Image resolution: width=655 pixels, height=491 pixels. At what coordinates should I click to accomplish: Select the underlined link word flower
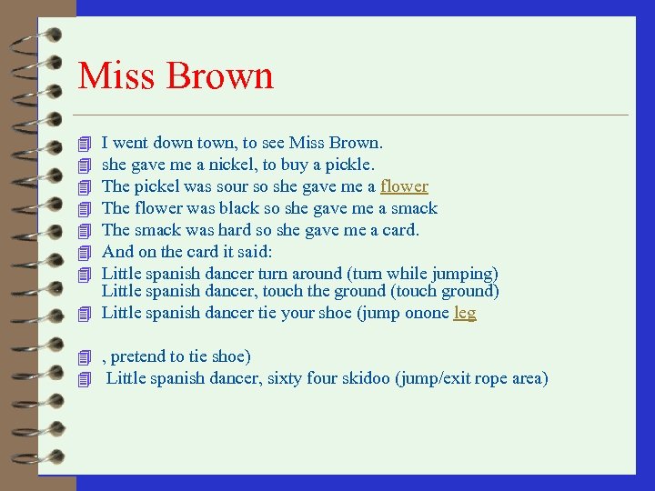tap(404, 186)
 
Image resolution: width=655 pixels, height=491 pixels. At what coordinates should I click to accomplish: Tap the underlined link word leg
tap(465, 313)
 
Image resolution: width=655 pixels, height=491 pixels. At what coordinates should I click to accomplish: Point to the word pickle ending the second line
tap(350, 165)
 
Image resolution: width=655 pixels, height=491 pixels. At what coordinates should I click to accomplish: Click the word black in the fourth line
tap(239, 208)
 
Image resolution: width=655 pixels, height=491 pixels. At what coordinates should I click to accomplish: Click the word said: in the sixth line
tap(254, 252)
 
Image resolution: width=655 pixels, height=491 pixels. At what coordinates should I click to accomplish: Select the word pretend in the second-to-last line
tap(139, 356)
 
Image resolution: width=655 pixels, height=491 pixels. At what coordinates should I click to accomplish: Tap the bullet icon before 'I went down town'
tap(86, 144)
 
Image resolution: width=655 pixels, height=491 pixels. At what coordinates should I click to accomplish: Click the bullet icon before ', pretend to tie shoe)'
tap(86, 357)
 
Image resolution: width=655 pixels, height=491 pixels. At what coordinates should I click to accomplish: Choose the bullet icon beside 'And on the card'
tap(86, 253)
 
